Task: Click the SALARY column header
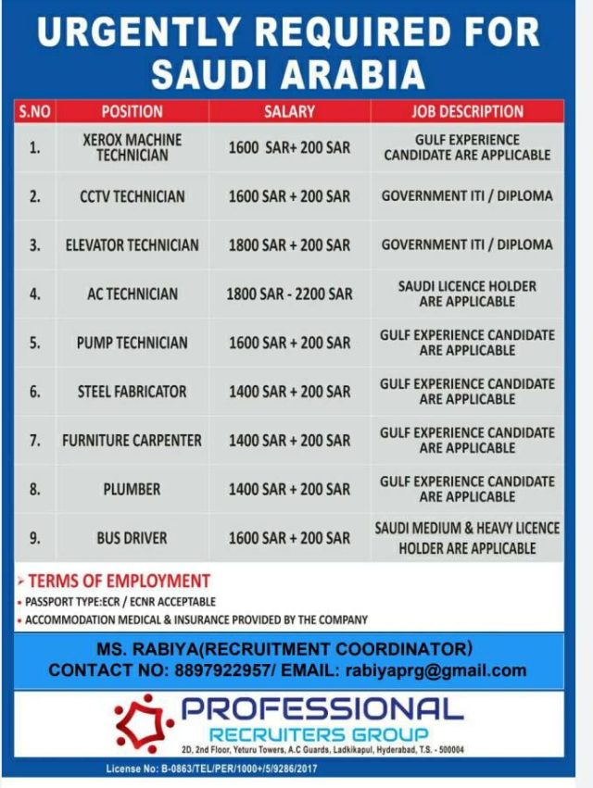289,111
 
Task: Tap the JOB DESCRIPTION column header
467,111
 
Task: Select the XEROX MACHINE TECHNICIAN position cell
132,147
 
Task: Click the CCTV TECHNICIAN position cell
132,196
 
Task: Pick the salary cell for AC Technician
289,294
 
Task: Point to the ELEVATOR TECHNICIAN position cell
132,245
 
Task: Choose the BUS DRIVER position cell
132,538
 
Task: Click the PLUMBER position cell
132,489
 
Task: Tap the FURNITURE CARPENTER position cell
132,441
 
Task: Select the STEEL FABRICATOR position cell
132,392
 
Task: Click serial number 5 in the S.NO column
34,343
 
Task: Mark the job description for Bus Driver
467,538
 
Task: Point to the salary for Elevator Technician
289,245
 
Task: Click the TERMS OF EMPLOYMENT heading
119,582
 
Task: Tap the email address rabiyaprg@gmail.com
435,670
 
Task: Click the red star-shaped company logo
144,722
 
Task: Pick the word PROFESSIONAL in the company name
322,710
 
